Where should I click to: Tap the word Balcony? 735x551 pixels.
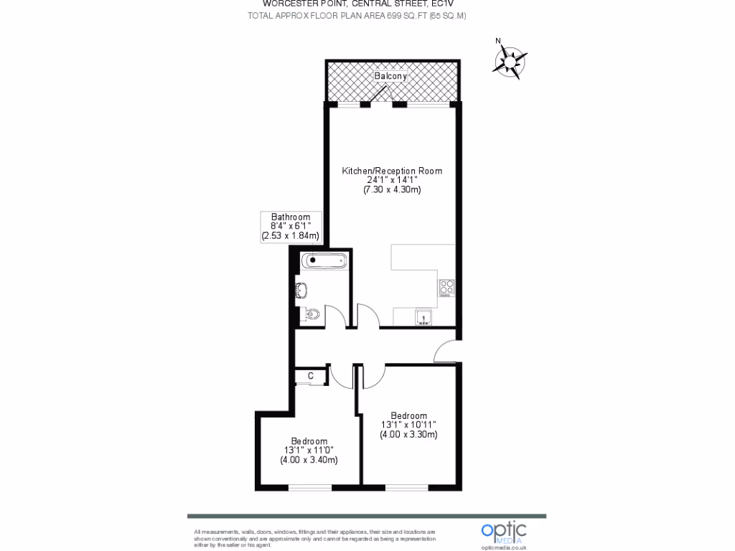(x=390, y=76)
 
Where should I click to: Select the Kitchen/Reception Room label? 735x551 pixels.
(x=392, y=171)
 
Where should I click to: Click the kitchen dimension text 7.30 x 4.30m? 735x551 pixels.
(x=392, y=190)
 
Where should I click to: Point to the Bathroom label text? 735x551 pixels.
(x=291, y=217)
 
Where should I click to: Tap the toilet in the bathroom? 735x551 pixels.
(x=303, y=290)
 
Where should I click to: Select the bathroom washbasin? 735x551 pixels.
(x=312, y=315)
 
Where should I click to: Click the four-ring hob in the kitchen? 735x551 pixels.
(x=446, y=288)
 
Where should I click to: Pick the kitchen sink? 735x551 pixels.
(x=423, y=318)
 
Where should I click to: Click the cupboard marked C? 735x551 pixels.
(x=311, y=375)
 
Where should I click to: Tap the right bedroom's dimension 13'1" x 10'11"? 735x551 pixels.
(x=409, y=425)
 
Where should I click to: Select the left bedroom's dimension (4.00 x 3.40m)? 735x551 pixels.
(x=309, y=460)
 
